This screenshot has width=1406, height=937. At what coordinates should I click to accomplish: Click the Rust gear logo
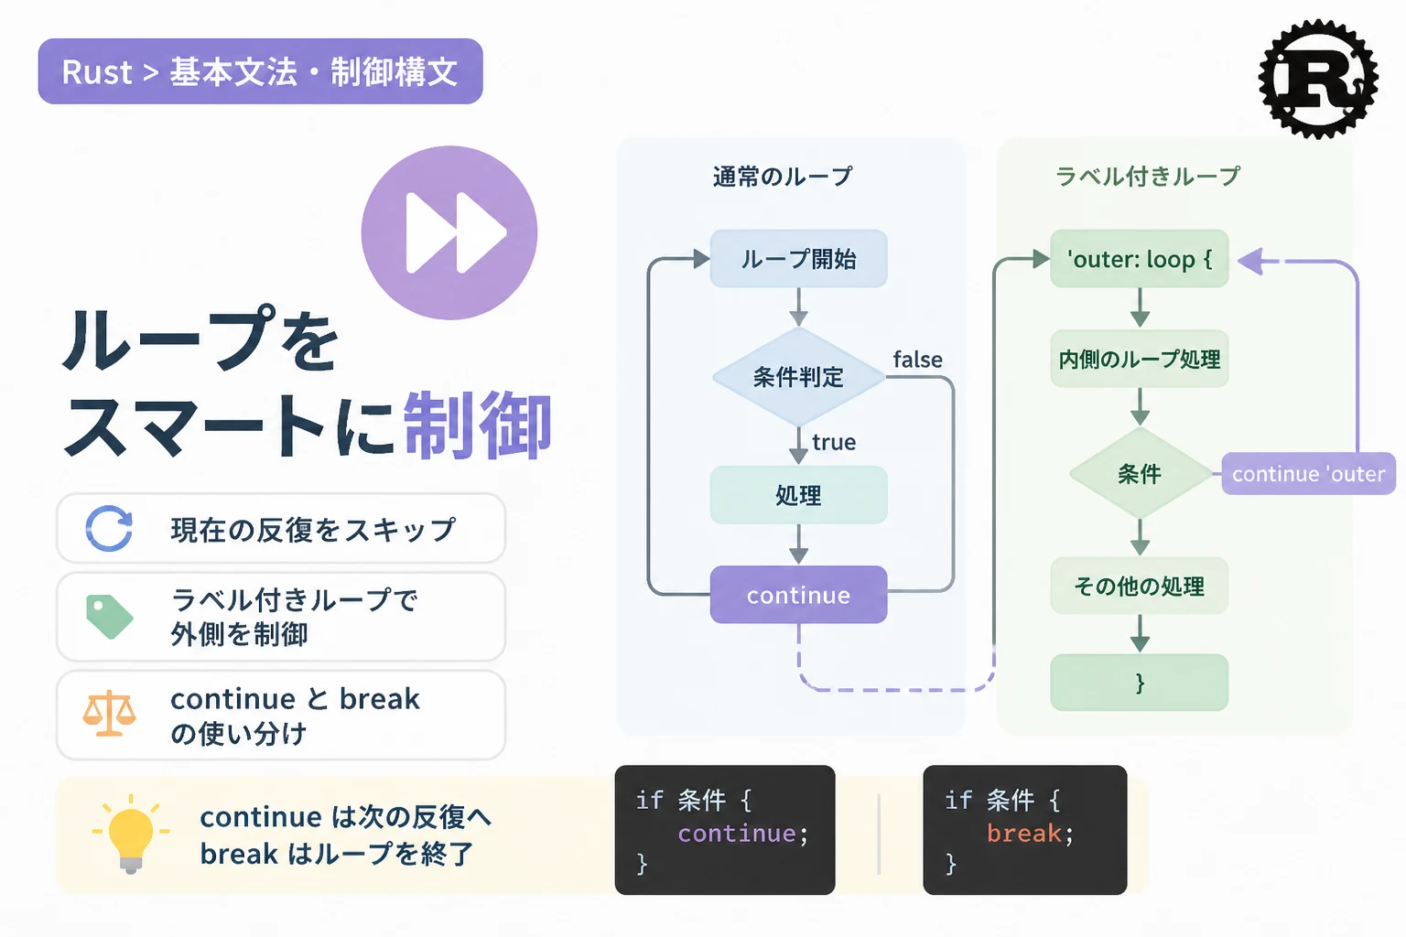click(1318, 79)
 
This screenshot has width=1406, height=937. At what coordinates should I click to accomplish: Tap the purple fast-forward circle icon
click(449, 232)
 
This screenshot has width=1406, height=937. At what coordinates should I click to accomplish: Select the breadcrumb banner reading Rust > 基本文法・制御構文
click(261, 71)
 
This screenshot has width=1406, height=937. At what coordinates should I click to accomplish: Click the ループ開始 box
click(798, 259)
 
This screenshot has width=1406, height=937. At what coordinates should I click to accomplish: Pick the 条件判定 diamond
click(798, 377)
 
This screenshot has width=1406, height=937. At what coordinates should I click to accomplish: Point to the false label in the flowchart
click(918, 360)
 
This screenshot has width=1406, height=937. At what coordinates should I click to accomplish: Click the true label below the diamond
click(834, 443)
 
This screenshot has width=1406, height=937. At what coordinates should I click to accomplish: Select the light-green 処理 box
click(798, 495)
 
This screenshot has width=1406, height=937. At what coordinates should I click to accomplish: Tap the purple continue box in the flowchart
click(798, 595)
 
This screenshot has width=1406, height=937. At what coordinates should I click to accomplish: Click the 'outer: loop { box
click(1140, 259)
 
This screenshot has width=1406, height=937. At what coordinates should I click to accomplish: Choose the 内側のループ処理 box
click(1140, 359)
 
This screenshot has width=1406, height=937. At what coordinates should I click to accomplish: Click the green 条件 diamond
click(1140, 474)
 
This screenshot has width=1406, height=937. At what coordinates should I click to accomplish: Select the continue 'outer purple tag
click(1309, 474)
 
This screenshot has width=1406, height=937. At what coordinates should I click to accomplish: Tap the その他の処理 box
click(1140, 586)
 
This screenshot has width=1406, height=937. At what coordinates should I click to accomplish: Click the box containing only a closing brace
click(1140, 683)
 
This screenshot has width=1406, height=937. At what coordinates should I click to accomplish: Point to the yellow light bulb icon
click(131, 834)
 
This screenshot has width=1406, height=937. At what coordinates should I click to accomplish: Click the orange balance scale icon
click(109, 714)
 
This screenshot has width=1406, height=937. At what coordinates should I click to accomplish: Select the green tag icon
click(109, 617)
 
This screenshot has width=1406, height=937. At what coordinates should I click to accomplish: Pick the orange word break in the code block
click(1023, 834)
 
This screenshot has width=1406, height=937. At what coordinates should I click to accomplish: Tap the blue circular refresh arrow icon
click(109, 528)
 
